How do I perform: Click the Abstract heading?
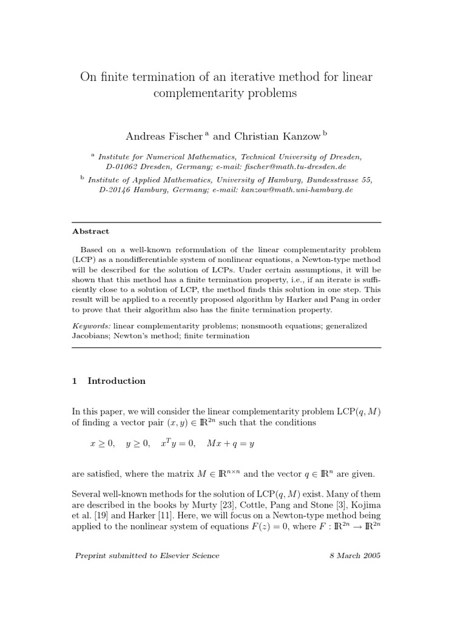(90, 231)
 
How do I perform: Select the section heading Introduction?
(116, 381)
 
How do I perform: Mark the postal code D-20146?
(118, 189)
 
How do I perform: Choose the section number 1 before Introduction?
(74, 381)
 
